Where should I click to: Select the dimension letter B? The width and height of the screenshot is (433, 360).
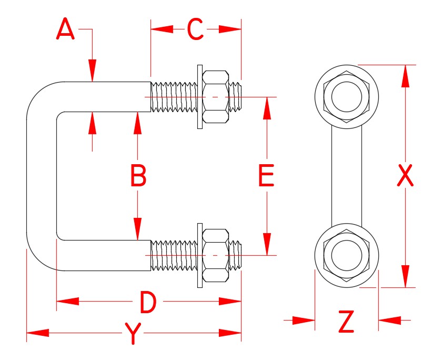(x=138, y=176)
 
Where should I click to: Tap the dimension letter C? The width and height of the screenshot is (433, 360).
(x=195, y=29)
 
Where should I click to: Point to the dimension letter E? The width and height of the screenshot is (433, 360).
(x=267, y=176)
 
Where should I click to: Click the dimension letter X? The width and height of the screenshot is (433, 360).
(x=405, y=176)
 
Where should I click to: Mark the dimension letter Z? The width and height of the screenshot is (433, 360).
(x=346, y=322)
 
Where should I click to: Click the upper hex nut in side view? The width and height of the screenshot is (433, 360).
(x=216, y=97)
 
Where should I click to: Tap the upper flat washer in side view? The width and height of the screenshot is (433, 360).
(x=199, y=97)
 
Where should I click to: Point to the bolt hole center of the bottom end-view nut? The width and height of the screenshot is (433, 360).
(x=347, y=255)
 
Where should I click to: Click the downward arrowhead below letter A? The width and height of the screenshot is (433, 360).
(x=93, y=71)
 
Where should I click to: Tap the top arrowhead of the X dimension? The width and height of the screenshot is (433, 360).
(x=405, y=76)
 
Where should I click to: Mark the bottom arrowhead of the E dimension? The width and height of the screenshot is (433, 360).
(x=267, y=243)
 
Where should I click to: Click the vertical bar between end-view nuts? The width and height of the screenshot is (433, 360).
(x=347, y=176)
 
